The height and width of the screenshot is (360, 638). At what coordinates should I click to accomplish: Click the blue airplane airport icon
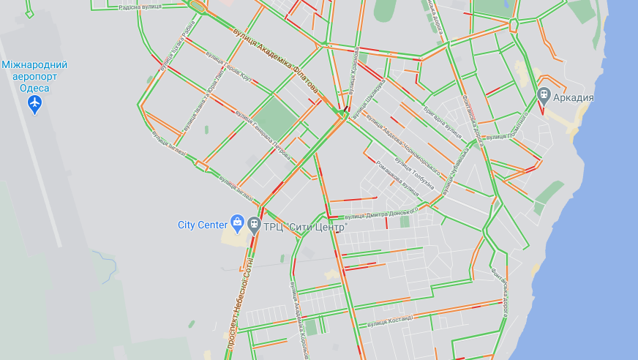click(34, 105)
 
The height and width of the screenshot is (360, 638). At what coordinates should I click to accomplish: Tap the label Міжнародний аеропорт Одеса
click(34, 76)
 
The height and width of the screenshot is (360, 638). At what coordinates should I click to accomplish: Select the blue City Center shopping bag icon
click(237, 221)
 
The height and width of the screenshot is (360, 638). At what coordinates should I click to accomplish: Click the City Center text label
click(203, 225)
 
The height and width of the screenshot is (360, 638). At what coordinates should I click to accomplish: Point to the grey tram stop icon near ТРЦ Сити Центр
click(254, 225)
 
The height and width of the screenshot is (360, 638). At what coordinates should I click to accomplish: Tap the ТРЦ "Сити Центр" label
click(304, 227)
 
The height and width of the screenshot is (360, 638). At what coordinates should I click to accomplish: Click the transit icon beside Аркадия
click(543, 95)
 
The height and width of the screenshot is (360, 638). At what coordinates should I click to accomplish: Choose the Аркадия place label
click(572, 97)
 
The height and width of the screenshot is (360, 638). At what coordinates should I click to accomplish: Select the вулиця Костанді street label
click(390, 320)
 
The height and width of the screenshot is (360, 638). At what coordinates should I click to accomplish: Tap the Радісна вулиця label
click(140, 7)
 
